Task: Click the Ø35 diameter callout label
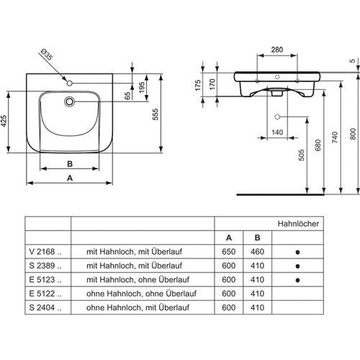click(46, 55)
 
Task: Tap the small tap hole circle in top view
click(69, 84)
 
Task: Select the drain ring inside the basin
click(69, 102)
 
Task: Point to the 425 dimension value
click(4, 121)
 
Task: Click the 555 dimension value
click(156, 114)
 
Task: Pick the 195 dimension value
click(142, 88)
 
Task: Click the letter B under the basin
click(70, 164)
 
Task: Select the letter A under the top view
click(70, 178)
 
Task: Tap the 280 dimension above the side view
click(277, 50)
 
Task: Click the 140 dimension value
click(277, 132)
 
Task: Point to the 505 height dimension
click(302, 155)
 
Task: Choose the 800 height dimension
click(353, 134)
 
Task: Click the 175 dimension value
click(198, 85)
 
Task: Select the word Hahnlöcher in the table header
click(298, 224)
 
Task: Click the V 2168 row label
click(45, 251)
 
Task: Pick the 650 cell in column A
click(228, 251)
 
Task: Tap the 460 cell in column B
click(257, 251)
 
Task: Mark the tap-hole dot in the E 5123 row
click(297, 280)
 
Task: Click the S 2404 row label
click(45, 307)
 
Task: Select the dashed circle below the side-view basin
click(277, 117)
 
